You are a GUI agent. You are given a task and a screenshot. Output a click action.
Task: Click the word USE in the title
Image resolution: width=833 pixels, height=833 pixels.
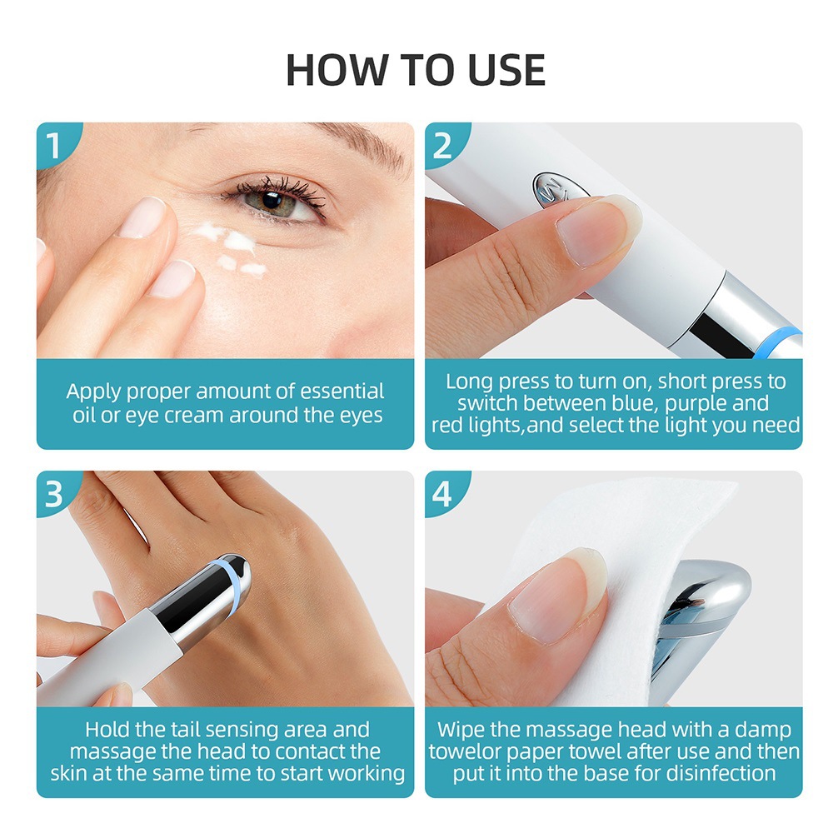point(499,70)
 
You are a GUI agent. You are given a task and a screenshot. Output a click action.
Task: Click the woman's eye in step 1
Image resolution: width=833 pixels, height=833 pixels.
point(272,201)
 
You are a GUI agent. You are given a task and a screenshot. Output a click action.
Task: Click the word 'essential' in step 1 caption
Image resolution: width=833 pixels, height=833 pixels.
point(332,392)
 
